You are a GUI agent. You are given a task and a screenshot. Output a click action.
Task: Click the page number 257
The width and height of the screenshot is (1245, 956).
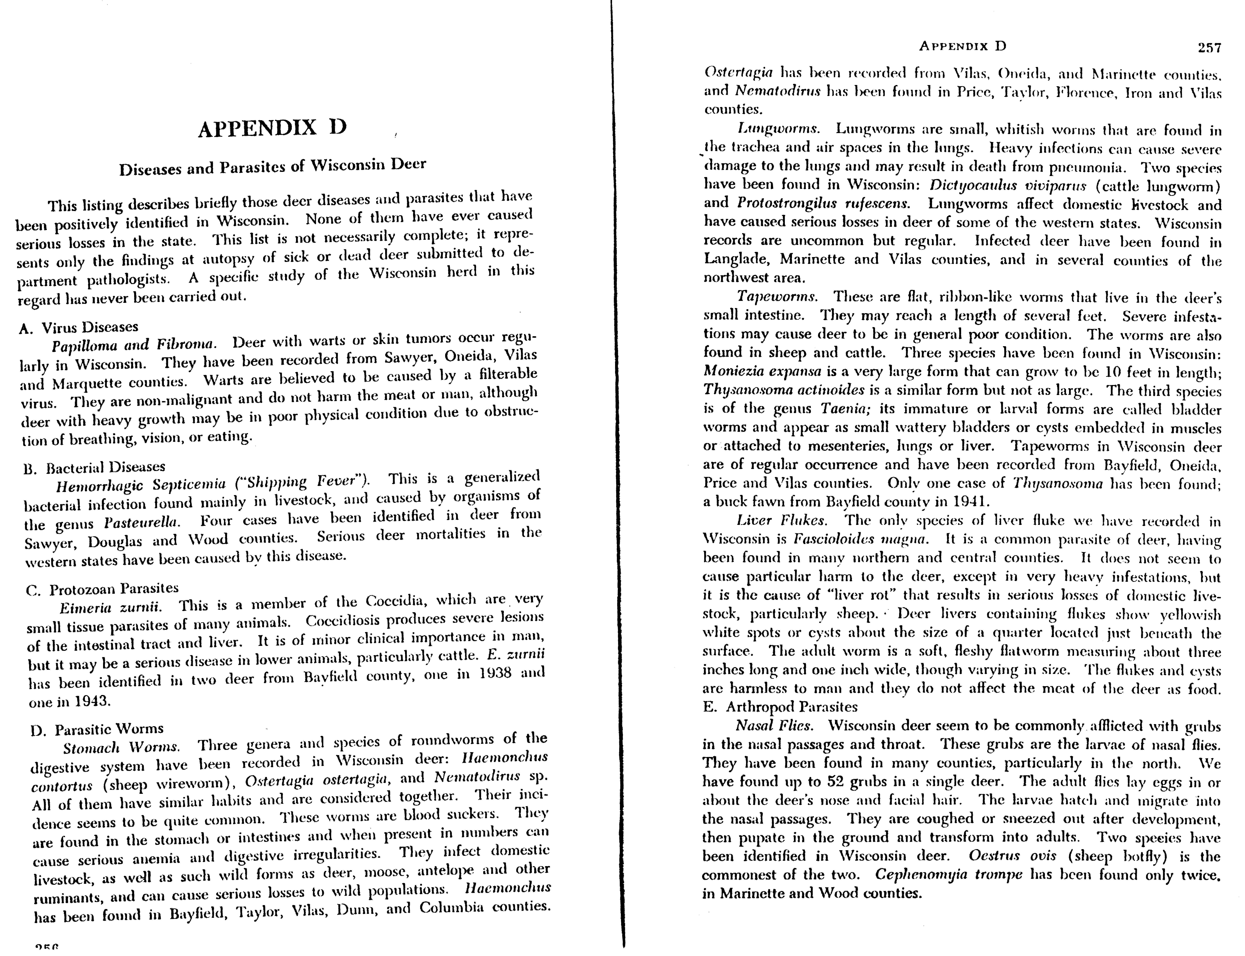click(1209, 48)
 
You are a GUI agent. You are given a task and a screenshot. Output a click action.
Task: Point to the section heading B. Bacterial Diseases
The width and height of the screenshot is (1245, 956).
click(94, 468)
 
